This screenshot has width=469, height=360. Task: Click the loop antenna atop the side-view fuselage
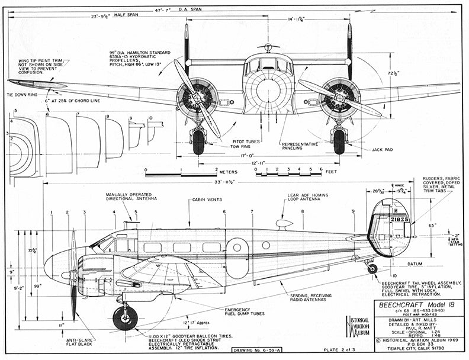(284, 224)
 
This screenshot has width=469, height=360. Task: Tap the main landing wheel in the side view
(125, 318)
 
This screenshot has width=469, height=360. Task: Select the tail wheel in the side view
(372, 268)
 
